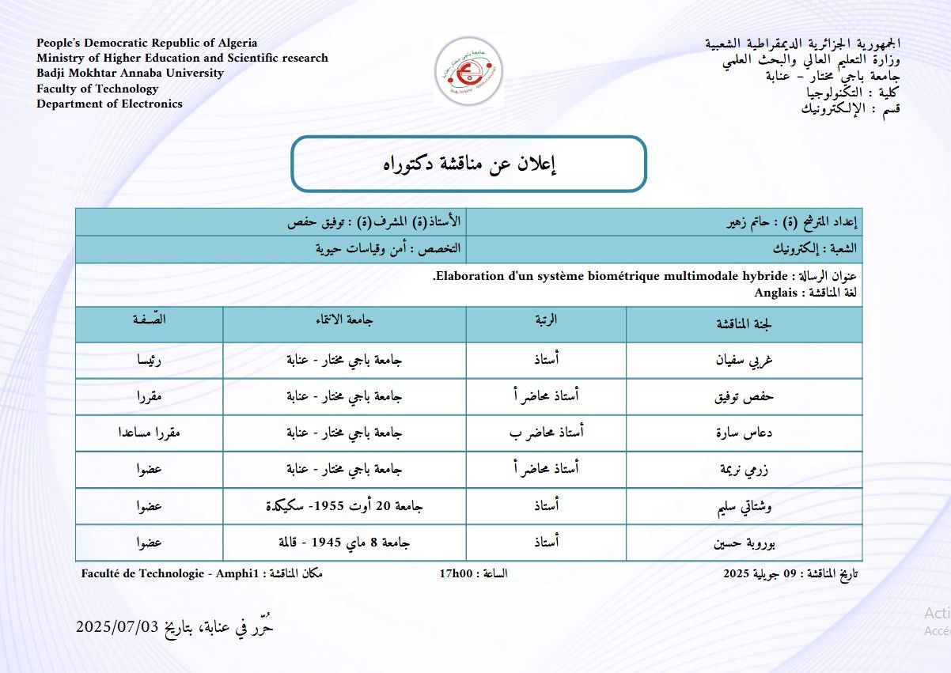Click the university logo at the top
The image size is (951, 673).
468,70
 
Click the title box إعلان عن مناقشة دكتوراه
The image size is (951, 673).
469,164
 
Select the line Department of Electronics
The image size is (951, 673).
109,104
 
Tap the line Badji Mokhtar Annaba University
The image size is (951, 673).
130,73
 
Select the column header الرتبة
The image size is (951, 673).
546,320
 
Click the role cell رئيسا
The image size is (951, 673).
150,361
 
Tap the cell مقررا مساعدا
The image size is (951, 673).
150,433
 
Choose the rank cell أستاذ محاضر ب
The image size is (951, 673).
546,433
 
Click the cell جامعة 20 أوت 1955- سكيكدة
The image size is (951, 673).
344,506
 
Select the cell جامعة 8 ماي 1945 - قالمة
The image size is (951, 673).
344,543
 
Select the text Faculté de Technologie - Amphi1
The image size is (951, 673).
170,573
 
